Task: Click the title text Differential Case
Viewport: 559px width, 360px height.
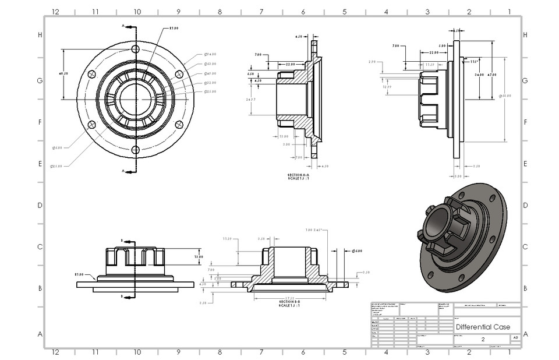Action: pyautogui.click(x=483, y=327)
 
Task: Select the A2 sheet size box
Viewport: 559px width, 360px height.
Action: pyautogui.click(x=515, y=338)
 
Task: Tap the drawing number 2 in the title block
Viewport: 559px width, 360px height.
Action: pyautogui.click(x=483, y=338)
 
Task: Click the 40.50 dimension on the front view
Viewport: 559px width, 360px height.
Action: pyautogui.click(x=64, y=74)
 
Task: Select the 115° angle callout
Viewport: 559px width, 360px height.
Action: pyautogui.click(x=474, y=61)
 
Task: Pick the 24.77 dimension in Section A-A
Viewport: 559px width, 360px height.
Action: pyautogui.click(x=252, y=100)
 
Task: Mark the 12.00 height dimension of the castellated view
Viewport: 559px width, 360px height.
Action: pyautogui.click(x=199, y=256)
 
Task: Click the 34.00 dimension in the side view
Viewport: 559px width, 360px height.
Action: pyautogui.click(x=479, y=75)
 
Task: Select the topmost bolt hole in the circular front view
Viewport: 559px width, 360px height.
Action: pyautogui.click(x=135, y=48)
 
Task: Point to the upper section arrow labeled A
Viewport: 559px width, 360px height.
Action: pyautogui.click(x=129, y=27)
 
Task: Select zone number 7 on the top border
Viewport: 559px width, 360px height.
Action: pyautogui.click(x=261, y=11)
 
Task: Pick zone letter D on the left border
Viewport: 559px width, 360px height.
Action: pyautogui.click(x=40, y=205)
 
